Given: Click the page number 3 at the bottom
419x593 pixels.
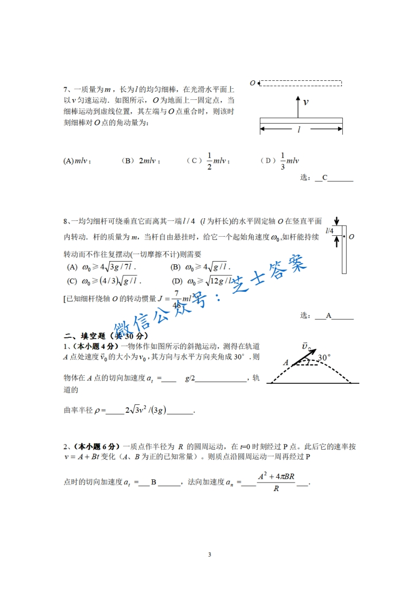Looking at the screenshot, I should coord(210,554).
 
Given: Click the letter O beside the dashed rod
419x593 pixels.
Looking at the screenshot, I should coord(253,83).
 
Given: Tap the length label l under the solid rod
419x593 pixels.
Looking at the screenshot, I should coord(299,129).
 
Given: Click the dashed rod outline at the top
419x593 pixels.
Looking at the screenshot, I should coord(301,83).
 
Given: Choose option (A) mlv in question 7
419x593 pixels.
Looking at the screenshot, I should coord(77,161).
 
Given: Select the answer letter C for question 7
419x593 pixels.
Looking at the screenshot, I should coord(325,178).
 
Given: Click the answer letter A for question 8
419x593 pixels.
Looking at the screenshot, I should coord(328,316).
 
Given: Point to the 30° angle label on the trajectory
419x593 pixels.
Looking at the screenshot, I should coord(324,358).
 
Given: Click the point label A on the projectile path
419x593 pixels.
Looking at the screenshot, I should coord(286,363).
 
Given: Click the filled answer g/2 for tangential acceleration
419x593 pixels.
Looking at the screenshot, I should coord(190,378).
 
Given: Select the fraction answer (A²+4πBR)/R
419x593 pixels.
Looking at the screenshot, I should coord(276,482).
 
